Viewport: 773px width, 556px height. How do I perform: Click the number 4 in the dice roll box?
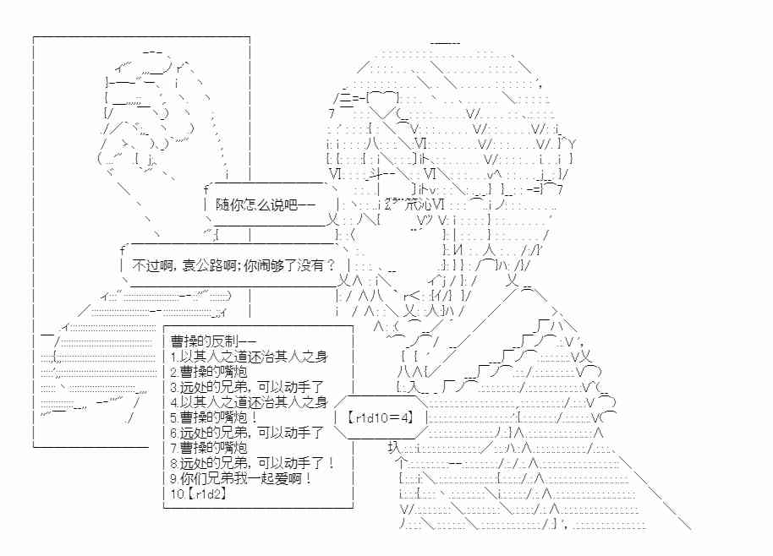(404, 417)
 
